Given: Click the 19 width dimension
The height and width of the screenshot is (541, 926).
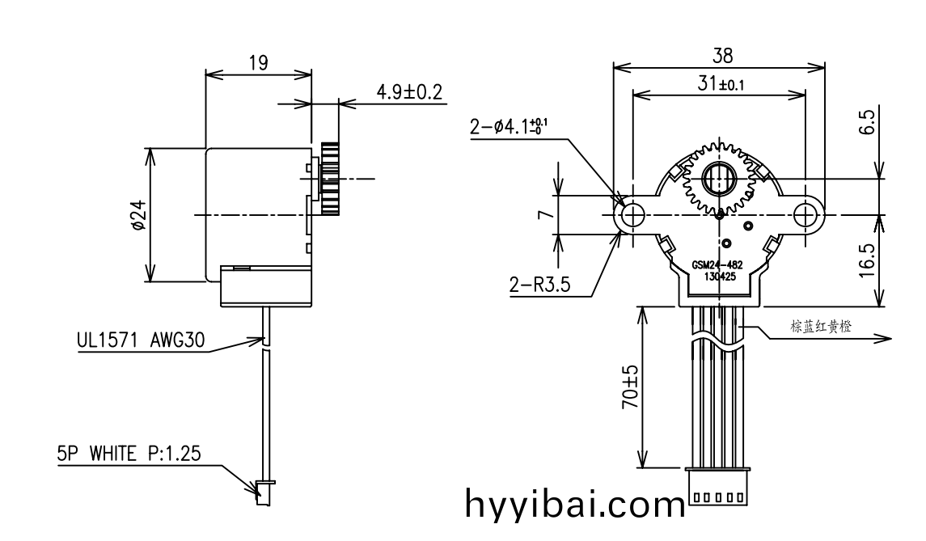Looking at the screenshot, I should (x=259, y=63).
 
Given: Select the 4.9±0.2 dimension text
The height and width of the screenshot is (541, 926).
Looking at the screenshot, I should (x=409, y=91).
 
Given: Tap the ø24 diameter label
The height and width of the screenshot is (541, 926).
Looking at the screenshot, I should (x=140, y=216).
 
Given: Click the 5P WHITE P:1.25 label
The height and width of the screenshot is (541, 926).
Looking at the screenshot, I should (x=129, y=454).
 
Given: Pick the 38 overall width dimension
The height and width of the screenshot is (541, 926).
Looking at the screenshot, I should (x=721, y=55).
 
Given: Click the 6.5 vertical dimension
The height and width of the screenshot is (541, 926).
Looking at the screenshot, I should (x=867, y=123).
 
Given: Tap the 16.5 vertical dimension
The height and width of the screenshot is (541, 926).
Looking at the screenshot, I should (x=867, y=260).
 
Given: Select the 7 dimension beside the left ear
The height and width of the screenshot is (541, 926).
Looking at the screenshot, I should (x=545, y=214).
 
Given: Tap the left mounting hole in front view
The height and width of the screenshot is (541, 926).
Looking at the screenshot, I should (x=632, y=215).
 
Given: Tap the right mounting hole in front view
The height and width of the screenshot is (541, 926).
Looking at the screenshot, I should (x=806, y=215).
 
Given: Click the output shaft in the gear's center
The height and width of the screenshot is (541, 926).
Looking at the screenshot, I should (x=718, y=177).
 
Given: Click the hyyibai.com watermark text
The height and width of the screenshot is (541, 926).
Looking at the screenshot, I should (x=575, y=505).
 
